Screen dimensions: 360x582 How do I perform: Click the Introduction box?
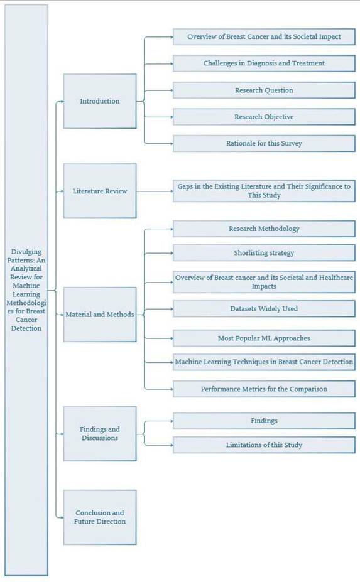tap(100, 101)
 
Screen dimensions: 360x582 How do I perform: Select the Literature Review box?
tap(100, 191)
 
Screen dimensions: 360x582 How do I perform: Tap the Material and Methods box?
tap(100, 315)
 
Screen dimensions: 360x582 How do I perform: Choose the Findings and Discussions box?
tap(100, 434)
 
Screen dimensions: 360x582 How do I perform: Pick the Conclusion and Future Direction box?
tap(100, 517)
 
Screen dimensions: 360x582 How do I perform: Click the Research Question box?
tap(264, 90)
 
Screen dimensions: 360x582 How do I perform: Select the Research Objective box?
tap(264, 117)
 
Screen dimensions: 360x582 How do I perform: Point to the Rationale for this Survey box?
tap(264, 143)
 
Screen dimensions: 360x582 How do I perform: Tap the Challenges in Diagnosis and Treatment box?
tap(264, 63)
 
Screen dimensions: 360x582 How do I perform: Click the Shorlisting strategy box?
tap(264, 253)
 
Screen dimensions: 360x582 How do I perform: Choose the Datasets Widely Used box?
tap(264, 308)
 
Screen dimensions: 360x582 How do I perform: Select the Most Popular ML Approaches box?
tap(264, 338)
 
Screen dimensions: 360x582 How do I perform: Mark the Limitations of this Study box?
tap(264, 445)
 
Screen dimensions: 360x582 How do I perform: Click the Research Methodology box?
tap(264, 229)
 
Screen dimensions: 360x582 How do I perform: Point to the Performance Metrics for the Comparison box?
tap(264, 389)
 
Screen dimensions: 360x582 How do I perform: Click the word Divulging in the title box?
tap(26, 252)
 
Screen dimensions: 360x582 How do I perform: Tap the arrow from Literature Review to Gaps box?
tap(155, 191)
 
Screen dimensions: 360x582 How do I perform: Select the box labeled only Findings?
tap(264, 421)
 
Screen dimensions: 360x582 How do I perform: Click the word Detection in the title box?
tap(26, 328)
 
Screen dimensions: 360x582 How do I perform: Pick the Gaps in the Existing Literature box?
tap(264, 191)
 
